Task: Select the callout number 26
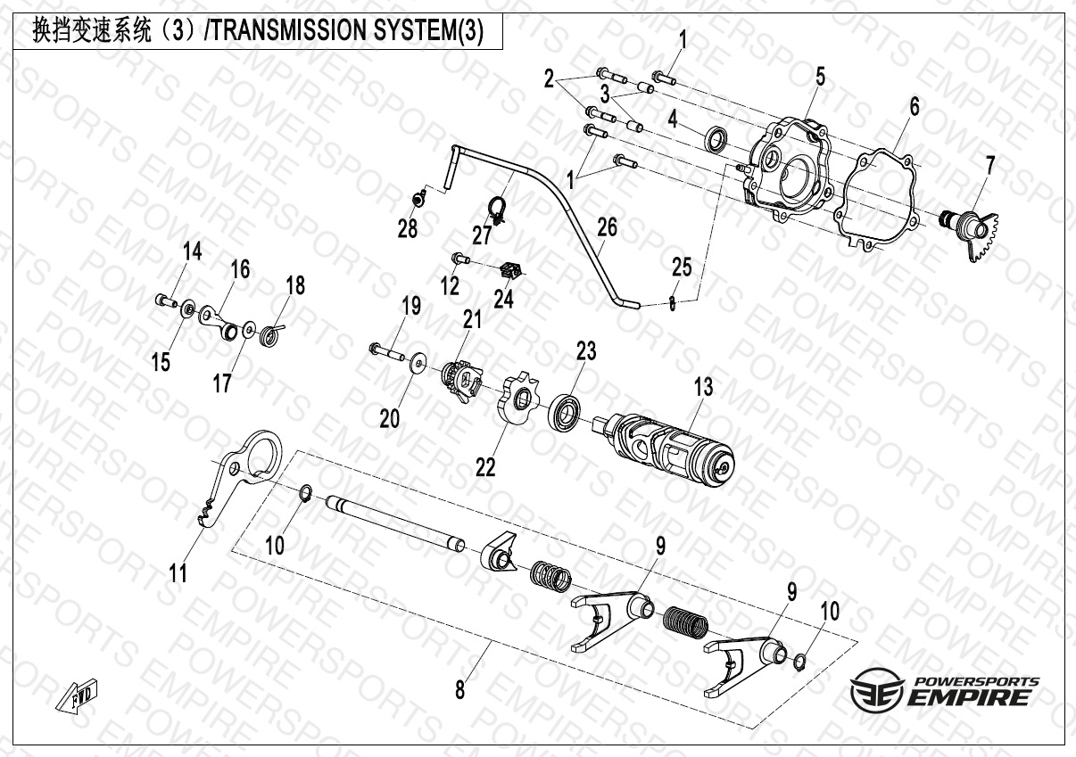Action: pos(608,227)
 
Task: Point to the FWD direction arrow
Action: pos(78,695)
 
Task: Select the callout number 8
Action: pos(460,691)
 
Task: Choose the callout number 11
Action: pos(178,572)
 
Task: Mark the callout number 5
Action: pos(821,78)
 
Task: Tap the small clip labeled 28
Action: pos(419,197)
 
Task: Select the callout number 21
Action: pos(472,319)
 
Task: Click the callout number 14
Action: pos(192,251)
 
